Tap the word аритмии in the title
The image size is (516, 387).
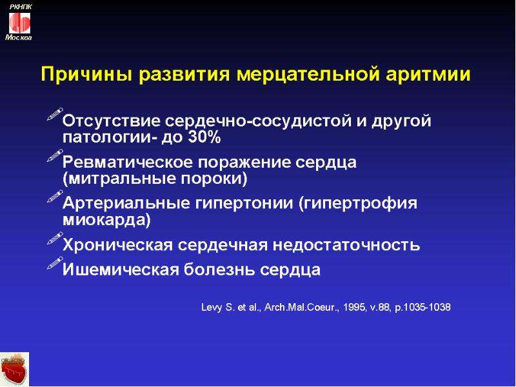pos(428,74)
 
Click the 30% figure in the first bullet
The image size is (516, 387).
pos(204,137)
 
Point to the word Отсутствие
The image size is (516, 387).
pos(111,121)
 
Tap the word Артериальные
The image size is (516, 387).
pos(126,203)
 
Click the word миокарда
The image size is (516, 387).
pos(106,220)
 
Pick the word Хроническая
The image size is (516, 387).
pos(117,245)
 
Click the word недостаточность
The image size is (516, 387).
pos(346,245)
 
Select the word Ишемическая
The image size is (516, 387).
pos(121,270)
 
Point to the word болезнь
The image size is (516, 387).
pos(219,270)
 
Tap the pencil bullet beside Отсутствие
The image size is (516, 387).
pos(55,114)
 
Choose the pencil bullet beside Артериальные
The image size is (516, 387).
pos(55,197)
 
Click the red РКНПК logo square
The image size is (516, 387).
pos(19,23)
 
